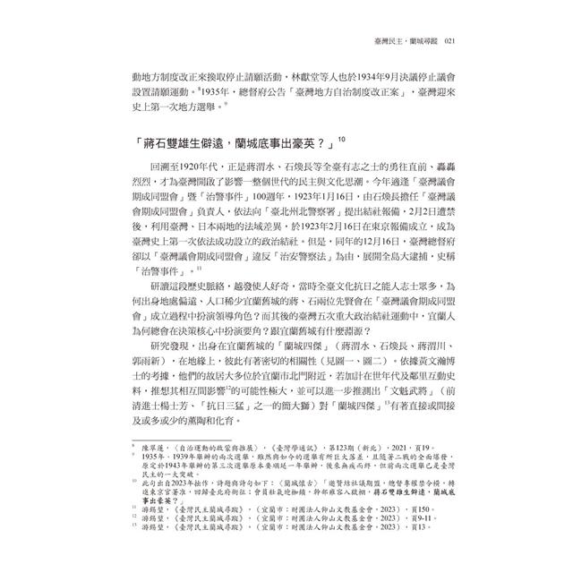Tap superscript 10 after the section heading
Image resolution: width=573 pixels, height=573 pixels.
[343, 138]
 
